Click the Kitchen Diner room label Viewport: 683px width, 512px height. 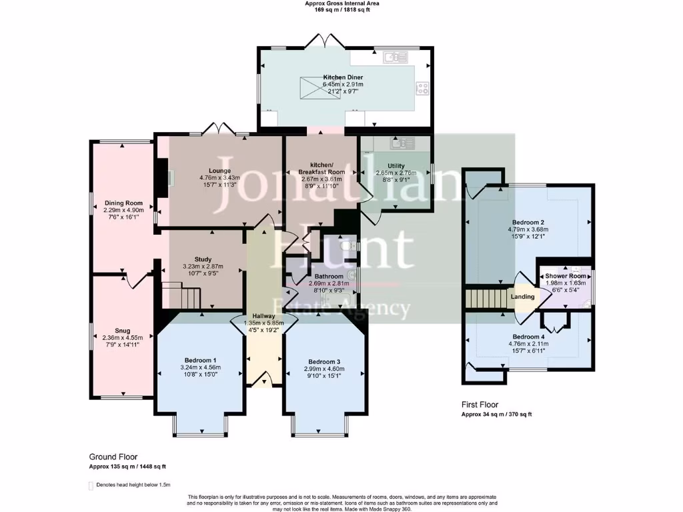pos(343,78)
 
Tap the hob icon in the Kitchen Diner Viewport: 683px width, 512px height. pos(422,87)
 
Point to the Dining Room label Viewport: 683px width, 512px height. pos(123,203)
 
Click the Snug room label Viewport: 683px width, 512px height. pos(123,330)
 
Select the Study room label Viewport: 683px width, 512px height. pos(203,259)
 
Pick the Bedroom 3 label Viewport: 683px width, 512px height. pos(325,361)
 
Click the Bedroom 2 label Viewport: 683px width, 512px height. pos(528,222)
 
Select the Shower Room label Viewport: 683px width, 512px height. pos(566,276)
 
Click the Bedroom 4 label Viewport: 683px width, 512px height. pos(528,337)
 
